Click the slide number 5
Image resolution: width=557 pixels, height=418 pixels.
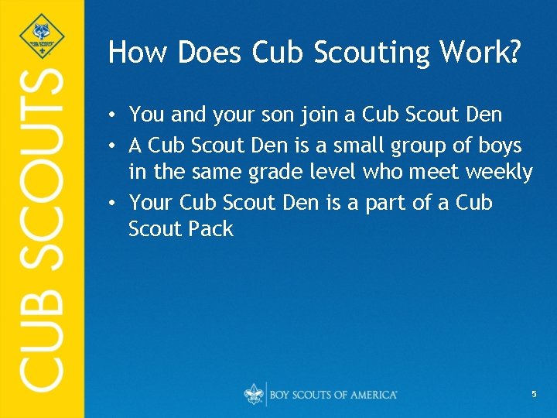(534, 394)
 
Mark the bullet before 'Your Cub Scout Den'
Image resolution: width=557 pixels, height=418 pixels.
(113, 203)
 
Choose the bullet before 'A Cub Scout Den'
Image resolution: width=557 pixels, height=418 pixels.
(113, 146)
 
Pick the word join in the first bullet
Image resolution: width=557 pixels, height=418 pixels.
(317, 115)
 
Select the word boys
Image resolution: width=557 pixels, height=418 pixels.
(501, 146)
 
